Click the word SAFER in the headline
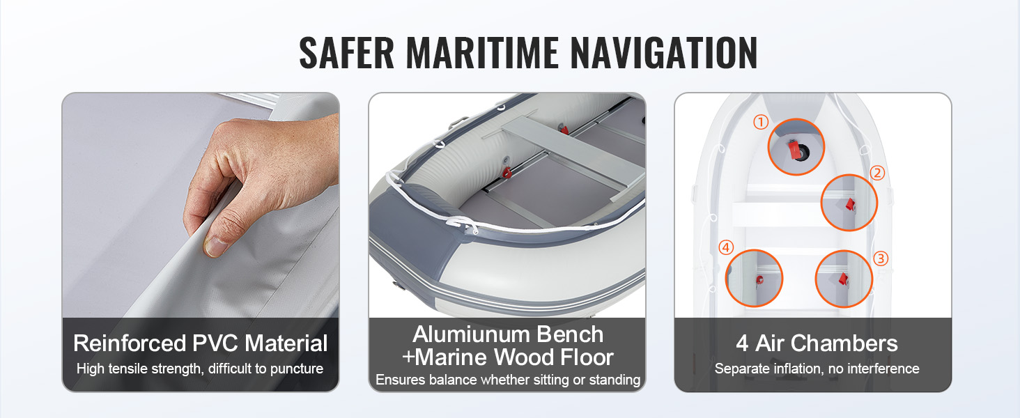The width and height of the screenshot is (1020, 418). point(346,53)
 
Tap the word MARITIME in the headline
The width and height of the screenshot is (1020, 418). point(482,53)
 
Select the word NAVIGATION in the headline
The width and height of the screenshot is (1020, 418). point(664,53)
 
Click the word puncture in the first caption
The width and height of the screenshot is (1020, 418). point(297,369)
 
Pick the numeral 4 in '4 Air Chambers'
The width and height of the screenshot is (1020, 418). point(742,343)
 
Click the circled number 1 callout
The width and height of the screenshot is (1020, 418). point(761,122)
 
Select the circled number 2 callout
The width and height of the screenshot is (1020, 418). point(877,173)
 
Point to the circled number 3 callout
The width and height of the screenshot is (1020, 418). point(881,258)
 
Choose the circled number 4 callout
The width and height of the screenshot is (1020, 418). point(726,247)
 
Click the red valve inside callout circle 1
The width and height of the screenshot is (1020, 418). point(794,149)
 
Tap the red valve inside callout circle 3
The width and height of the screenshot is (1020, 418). point(843,279)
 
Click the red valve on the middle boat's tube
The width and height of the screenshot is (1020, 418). point(507,173)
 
